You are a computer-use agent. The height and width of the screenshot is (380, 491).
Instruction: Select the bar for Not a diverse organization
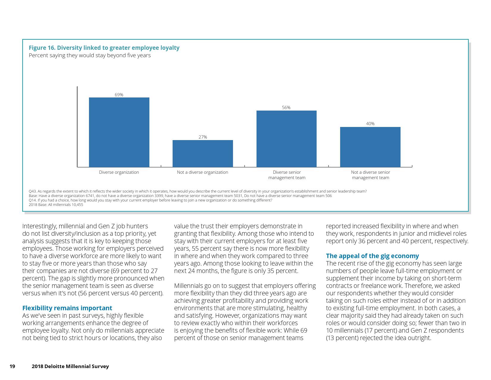[203, 153]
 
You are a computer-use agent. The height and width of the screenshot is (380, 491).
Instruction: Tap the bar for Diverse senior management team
[286, 139]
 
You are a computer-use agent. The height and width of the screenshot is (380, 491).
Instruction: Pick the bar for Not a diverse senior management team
[370, 147]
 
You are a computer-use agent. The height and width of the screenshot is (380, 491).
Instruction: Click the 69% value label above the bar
[119, 95]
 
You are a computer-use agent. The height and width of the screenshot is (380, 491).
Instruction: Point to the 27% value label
[203, 137]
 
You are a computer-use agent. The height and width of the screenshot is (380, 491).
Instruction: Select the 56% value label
[286, 108]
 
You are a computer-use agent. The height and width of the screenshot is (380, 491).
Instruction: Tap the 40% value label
[370, 124]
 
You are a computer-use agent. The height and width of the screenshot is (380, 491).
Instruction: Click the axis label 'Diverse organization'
[119, 172]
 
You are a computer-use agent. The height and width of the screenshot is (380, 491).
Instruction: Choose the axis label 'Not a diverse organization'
[203, 172]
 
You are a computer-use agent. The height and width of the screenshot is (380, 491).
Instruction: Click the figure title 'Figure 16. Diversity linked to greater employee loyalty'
[104, 48]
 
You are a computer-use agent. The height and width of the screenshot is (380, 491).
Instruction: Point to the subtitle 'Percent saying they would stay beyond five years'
[90, 55]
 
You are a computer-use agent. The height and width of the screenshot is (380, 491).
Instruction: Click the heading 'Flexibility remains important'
[67, 308]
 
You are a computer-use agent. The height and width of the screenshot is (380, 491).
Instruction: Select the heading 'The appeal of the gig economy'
[372, 256]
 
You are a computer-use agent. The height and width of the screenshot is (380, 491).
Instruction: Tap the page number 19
[12, 367]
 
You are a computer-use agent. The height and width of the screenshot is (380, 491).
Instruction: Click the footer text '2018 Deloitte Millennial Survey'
[70, 367]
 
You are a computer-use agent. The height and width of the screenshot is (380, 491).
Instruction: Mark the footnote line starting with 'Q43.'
[198, 191]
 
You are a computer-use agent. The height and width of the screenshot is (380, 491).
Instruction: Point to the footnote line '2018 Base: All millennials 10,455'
[56, 205]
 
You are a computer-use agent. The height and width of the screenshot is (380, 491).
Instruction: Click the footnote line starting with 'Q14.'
[150, 200]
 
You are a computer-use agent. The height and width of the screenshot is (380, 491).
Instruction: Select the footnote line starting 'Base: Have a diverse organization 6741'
[180, 196]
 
